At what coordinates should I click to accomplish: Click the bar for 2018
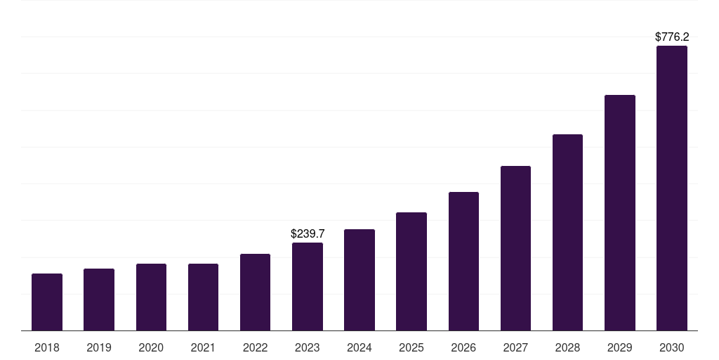coord(47,302)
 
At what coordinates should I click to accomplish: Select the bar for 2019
coord(99,300)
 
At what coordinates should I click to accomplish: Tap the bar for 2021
coord(203,297)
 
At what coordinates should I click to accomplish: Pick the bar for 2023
coord(308,286)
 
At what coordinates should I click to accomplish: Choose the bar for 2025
coord(411,271)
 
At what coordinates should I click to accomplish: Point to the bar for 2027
coord(515,248)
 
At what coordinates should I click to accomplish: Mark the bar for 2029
coord(620,212)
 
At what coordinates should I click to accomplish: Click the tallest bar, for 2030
coord(672,188)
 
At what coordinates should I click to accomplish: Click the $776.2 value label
coord(672,37)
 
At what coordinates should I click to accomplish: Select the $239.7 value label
coord(308,233)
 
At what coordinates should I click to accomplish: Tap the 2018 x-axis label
coord(47,347)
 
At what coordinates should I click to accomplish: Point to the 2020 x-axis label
coord(151,347)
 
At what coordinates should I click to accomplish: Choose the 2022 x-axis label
coord(256,347)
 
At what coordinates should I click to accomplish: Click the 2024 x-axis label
coord(359,347)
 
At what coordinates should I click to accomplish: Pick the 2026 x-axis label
coord(463,347)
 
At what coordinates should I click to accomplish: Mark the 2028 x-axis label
coord(567,347)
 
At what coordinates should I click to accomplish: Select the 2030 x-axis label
coord(672,347)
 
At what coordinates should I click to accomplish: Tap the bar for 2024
coord(359,280)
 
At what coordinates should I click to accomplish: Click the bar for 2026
coord(463,261)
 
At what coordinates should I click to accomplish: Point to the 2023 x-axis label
coord(308,347)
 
